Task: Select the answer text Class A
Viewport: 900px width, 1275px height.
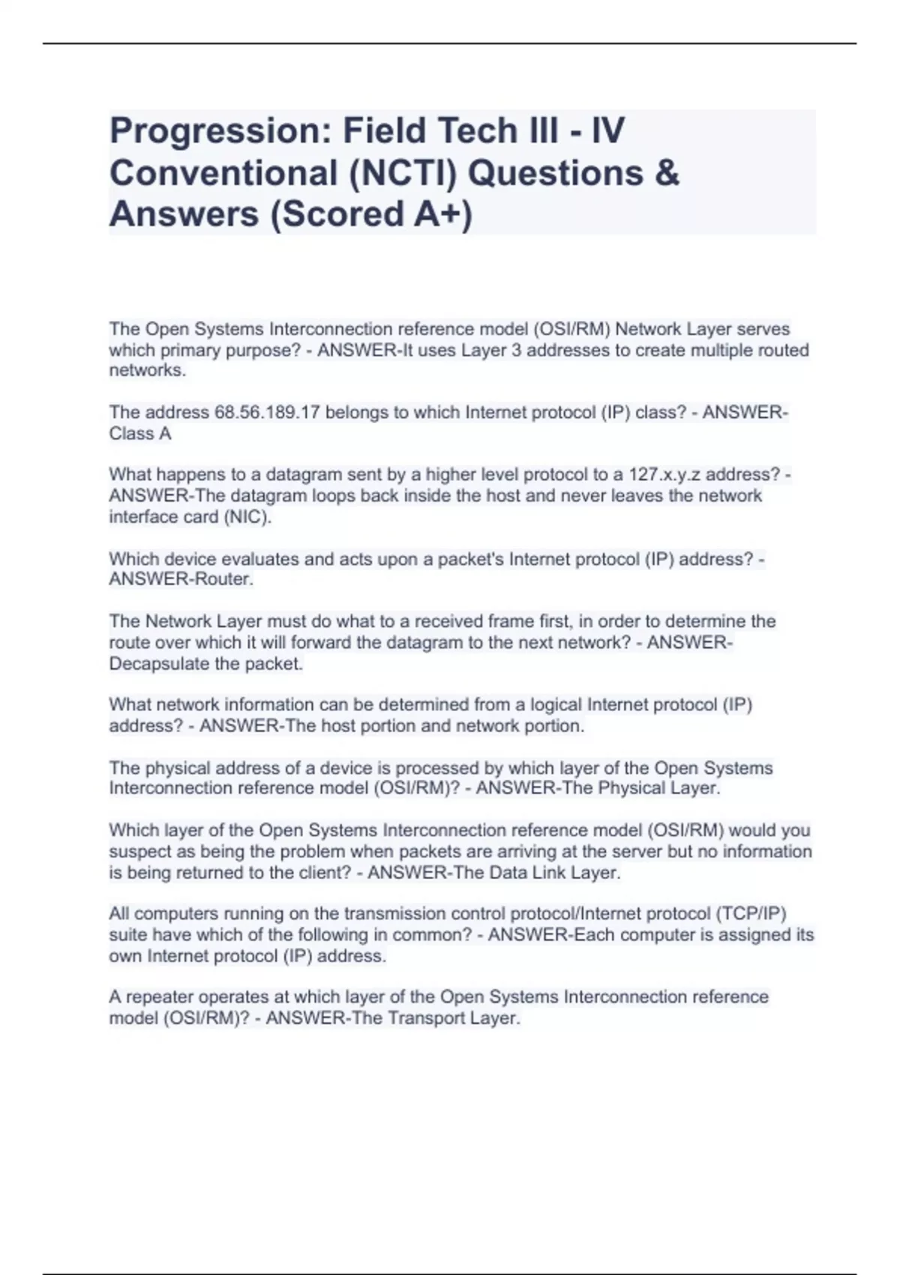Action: pos(140,433)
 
